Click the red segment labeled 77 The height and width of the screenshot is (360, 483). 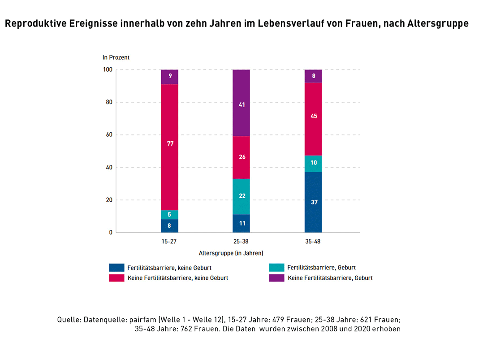tap(169, 147)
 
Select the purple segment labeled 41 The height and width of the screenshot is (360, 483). tap(241, 103)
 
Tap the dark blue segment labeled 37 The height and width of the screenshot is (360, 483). tap(313, 202)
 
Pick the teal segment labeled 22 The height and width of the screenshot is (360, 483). tap(241, 196)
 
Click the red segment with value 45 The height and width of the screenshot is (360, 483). tap(313, 119)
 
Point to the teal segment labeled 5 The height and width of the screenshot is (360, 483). tap(169, 215)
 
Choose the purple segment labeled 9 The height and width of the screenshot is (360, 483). tap(169, 77)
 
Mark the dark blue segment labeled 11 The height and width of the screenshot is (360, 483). tap(241, 223)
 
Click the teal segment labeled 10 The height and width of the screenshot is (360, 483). tap(313, 164)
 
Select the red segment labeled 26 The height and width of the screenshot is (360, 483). tap(241, 157)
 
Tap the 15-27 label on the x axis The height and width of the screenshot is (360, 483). tap(169, 241)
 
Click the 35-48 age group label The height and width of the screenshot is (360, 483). tap(313, 241)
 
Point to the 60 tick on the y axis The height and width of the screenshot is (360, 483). tap(108, 135)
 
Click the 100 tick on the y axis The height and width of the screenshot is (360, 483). tap(107, 70)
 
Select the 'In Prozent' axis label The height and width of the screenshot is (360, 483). tap(116, 57)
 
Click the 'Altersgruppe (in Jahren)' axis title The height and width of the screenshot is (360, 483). tap(231, 253)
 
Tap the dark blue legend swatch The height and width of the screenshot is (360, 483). tap(116, 268)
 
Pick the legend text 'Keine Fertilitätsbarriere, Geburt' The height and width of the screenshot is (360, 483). tap(330, 278)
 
